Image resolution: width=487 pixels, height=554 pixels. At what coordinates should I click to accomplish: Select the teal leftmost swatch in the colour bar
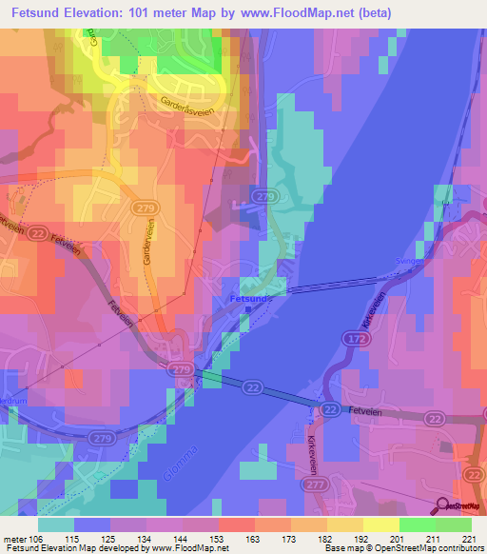pos(56,524)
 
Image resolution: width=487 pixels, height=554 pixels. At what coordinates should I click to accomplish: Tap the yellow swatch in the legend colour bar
pos(381,524)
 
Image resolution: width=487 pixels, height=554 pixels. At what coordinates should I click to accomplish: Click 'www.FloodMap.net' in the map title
pos(297,12)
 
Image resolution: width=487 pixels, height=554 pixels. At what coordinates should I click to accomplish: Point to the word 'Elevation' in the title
pos(106,12)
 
